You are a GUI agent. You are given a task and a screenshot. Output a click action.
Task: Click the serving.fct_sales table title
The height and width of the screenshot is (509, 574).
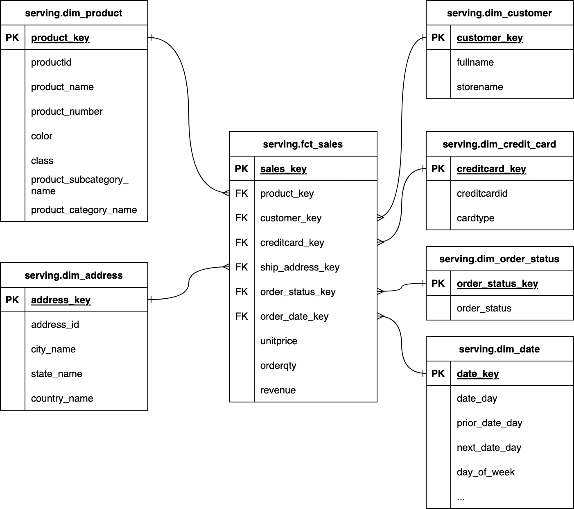coord(303,144)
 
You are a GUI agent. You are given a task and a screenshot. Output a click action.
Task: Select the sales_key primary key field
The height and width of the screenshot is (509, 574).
coord(283,169)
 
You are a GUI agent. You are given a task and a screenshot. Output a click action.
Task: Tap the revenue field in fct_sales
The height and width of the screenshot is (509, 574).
coord(278,390)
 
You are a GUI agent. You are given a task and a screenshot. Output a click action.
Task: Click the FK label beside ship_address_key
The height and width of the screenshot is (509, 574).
coord(242,267)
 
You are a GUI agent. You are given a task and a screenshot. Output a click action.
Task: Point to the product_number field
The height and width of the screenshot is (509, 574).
coord(67,111)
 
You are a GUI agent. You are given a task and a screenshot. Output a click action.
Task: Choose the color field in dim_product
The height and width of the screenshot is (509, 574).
coord(42,136)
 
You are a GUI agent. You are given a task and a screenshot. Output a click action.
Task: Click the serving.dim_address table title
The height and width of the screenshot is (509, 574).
coord(74,275)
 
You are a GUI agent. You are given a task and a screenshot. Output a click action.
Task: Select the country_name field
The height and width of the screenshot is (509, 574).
coord(62,398)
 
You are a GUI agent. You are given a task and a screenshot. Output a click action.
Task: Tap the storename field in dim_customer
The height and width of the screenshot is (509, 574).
coord(480,87)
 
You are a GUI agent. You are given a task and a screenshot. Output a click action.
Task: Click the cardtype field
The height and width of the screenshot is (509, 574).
coord(475,218)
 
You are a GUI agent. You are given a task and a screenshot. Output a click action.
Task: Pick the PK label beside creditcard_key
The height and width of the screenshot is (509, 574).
coord(438,169)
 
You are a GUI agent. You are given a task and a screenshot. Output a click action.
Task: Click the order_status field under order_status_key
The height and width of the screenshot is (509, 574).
coord(484,308)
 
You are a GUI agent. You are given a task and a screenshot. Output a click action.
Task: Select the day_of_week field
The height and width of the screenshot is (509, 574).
coord(486,472)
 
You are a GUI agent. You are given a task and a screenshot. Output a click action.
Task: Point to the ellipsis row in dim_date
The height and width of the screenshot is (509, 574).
coord(461,498)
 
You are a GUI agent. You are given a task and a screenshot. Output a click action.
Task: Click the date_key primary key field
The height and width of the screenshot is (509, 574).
coord(478,374)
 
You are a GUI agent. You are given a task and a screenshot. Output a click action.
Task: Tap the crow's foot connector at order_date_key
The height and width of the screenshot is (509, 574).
coord(381,316)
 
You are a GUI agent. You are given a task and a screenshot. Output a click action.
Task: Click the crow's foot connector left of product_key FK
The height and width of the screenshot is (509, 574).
coord(226,193)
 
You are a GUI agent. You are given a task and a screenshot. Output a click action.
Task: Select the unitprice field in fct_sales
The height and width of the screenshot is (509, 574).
coord(279,341)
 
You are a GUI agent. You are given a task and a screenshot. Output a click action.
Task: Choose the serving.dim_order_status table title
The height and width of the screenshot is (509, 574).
coord(499,259)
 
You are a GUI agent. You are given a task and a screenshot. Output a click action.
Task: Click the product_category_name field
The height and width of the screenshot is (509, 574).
coord(84,210)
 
